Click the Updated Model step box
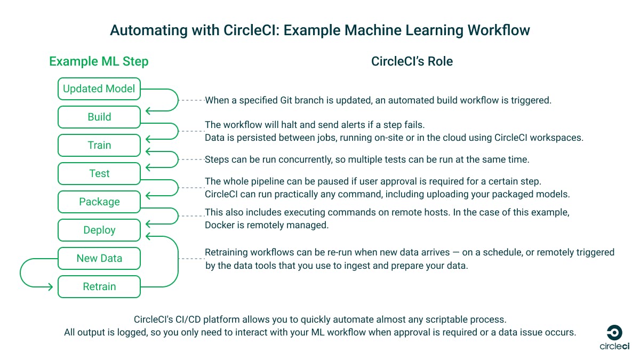point(99,89)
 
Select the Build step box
point(99,117)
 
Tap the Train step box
point(99,146)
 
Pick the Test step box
point(99,174)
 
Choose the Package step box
point(99,202)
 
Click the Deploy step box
point(99,230)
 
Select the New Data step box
point(99,259)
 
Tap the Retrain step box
point(99,287)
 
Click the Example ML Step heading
point(99,61)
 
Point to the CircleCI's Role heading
point(412,61)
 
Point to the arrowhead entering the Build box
point(149,111)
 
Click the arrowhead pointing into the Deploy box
point(149,235)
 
